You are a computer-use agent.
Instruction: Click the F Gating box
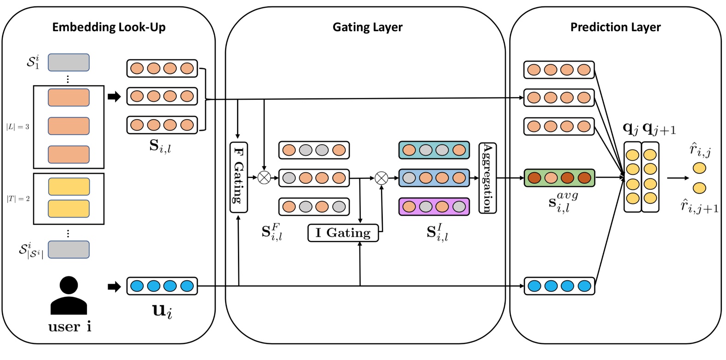point(238,177)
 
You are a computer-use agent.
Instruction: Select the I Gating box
point(343,233)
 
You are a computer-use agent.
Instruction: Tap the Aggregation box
point(487,178)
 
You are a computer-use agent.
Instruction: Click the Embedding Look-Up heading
point(109,27)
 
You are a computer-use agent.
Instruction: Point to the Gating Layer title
point(367,27)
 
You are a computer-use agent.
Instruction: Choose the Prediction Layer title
point(615,27)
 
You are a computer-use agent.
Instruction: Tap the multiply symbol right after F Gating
point(264,177)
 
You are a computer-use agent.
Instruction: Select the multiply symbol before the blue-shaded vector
point(381,178)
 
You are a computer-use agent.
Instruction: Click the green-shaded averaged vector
point(559,178)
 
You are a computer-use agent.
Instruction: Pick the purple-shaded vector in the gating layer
point(434,207)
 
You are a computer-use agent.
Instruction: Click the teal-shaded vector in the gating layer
point(434,150)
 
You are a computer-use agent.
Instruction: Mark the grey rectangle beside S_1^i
point(69,62)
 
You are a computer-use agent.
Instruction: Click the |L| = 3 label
point(18,127)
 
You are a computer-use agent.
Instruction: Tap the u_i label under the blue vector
point(162,311)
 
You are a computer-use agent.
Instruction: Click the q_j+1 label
point(659,129)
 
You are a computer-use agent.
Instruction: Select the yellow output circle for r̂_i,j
point(699,168)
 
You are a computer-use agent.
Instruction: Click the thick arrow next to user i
point(114,287)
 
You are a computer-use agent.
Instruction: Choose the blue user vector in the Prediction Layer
point(559,286)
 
